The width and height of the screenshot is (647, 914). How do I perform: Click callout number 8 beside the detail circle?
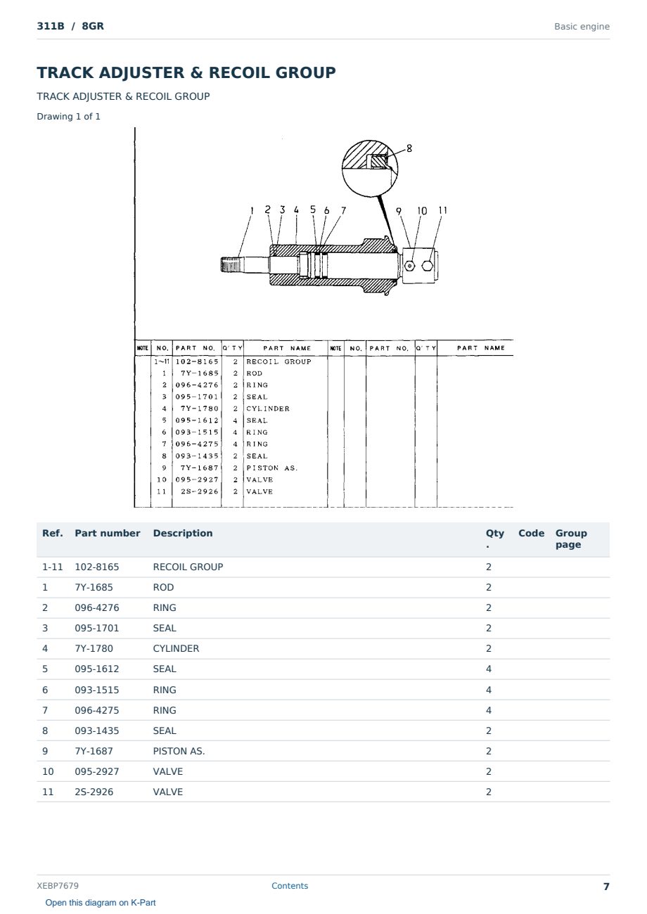(x=409, y=148)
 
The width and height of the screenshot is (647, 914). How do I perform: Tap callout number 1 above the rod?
(x=252, y=210)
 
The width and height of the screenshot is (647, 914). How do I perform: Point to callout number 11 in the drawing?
(x=443, y=210)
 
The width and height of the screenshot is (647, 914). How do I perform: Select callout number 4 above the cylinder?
(x=296, y=210)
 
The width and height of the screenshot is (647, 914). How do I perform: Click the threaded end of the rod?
(x=230, y=265)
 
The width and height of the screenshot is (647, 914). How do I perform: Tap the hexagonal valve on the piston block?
(x=427, y=266)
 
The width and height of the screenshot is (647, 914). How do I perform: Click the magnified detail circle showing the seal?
(x=370, y=168)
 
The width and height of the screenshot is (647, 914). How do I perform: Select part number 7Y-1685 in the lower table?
(x=94, y=587)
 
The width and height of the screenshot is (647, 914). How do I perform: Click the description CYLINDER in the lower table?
(x=176, y=648)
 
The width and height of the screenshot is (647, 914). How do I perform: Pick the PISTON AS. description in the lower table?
(x=179, y=751)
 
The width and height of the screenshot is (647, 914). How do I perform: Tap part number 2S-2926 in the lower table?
(x=94, y=792)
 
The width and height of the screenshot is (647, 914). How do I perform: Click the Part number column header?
(x=108, y=533)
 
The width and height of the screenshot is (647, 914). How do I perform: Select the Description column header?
(x=183, y=533)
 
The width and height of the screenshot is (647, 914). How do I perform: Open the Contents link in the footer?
(x=290, y=885)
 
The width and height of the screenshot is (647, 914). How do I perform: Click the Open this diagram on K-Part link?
(x=101, y=902)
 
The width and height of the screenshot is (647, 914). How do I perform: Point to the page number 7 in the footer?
(x=606, y=887)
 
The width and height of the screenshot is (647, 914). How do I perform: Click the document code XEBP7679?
(x=58, y=885)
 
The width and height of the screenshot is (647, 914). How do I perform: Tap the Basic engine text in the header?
(x=582, y=27)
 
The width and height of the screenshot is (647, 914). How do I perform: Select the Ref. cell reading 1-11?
(x=53, y=567)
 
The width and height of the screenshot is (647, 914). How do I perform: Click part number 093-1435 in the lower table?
(x=97, y=730)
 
